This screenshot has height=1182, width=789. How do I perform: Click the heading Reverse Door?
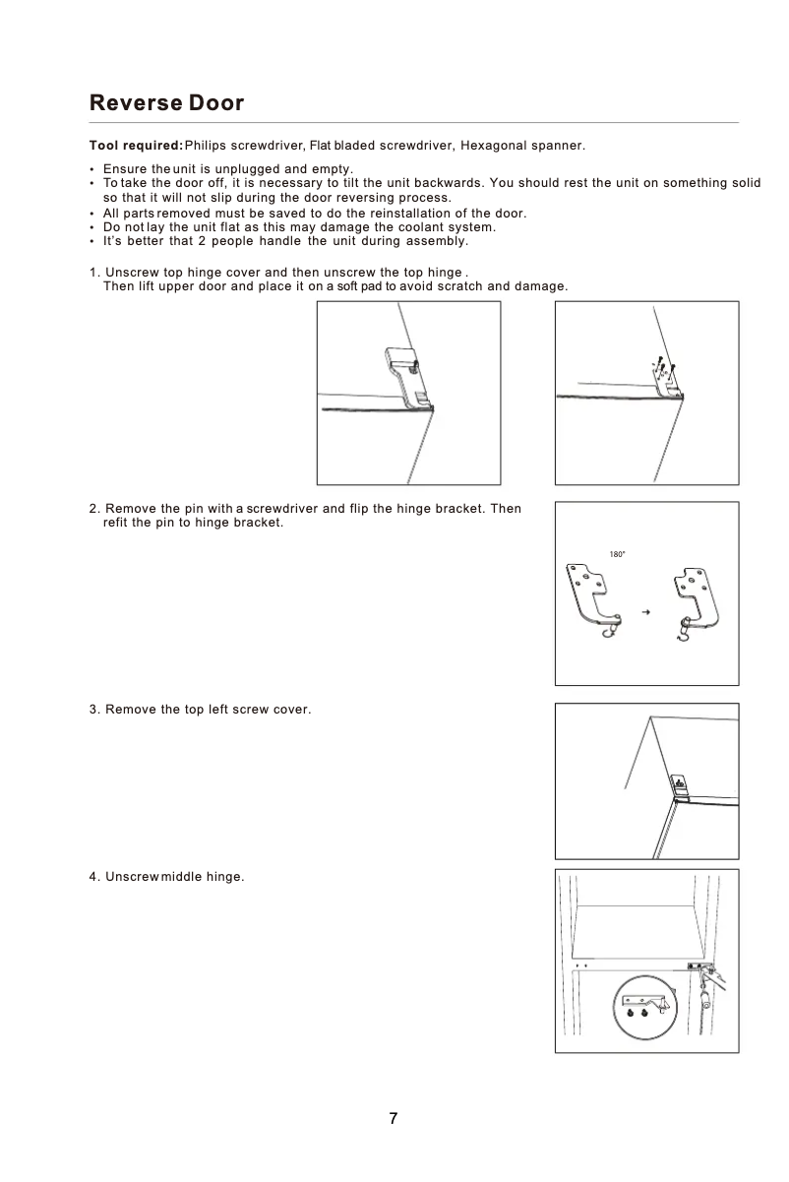(x=166, y=103)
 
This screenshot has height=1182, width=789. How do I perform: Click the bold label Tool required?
(x=135, y=146)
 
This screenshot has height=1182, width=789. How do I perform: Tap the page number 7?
(x=394, y=1118)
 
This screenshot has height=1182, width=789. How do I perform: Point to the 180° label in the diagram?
(x=618, y=555)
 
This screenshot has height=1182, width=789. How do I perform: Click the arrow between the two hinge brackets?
(x=646, y=612)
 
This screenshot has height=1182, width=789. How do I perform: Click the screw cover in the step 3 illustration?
(x=679, y=784)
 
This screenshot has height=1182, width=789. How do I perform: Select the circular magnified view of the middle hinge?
(x=644, y=1006)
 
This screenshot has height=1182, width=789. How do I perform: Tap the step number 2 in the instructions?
(x=93, y=508)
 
